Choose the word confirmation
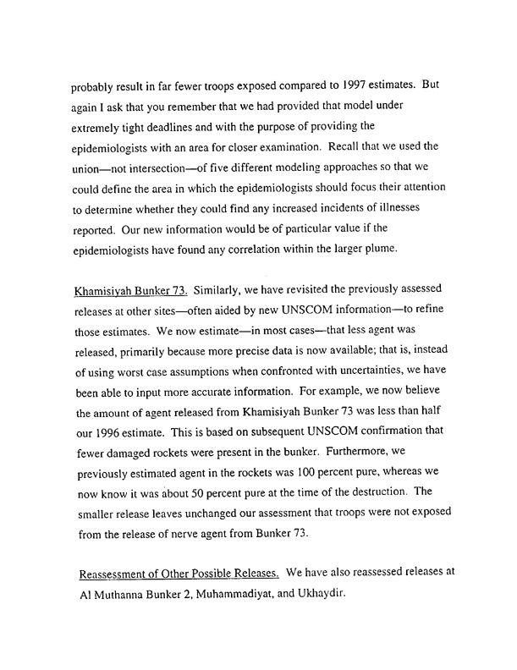click(x=375, y=418)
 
